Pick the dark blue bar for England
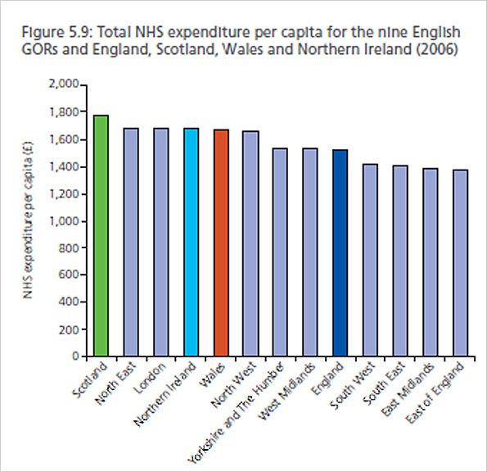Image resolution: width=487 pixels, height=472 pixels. coord(340,253)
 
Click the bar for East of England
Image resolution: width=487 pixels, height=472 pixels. coord(460,263)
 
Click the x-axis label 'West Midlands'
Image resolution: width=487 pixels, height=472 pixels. coord(291,387)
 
